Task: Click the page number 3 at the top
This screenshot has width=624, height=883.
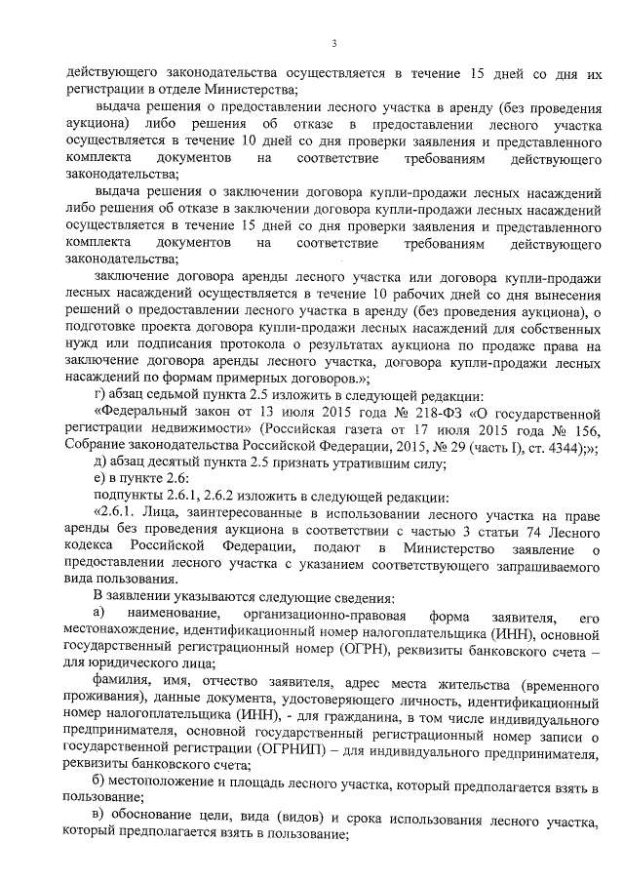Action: coord(333,43)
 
